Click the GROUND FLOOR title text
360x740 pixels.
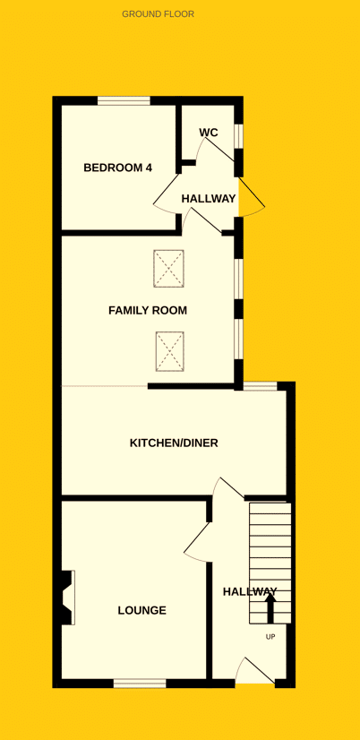tap(159, 14)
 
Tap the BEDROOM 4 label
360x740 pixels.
tap(117, 168)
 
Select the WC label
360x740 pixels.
tap(208, 133)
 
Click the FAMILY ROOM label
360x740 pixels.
tap(148, 311)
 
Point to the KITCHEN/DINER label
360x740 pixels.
tap(174, 443)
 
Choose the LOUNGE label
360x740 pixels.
tap(142, 611)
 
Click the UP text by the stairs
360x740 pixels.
tap(270, 637)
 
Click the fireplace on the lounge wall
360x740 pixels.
tap(66, 598)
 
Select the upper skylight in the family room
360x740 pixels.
tap(168, 269)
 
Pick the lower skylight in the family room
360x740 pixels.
tap(169, 351)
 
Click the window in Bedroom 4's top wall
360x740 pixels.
tap(124, 100)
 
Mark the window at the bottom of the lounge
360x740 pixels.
tap(140, 683)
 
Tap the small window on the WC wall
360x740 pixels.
tap(239, 137)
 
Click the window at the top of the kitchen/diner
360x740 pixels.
tap(260, 386)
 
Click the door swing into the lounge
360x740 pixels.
tap(197, 542)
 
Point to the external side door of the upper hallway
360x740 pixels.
tap(252, 197)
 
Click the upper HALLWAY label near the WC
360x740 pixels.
tap(208, 199)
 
